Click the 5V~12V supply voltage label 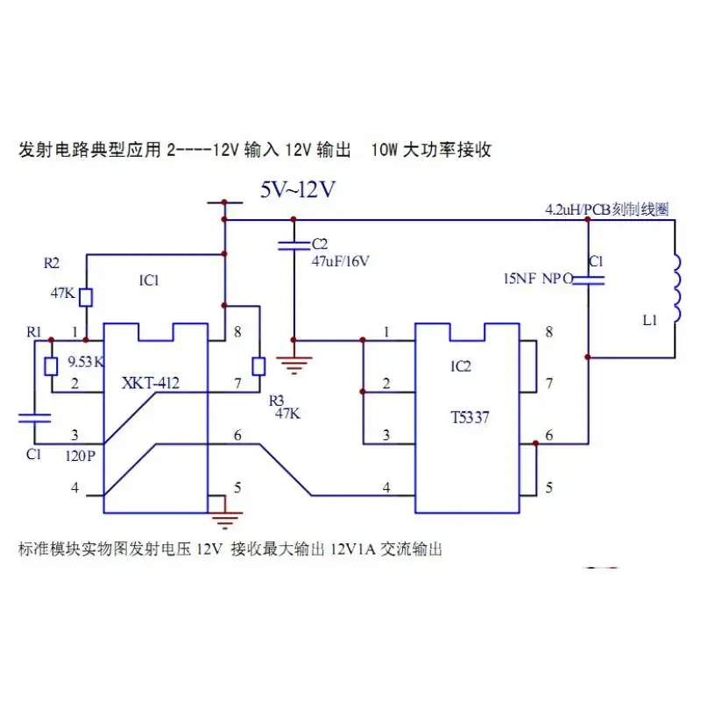[x=298, y=190]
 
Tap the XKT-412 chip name [x=150, y=383]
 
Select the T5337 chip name [x=470, y=418]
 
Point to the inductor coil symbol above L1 [x=676, y=288]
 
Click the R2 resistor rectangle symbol [x=86, y=298]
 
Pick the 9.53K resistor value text [x=86, y=362]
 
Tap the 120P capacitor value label [x=81, y=456]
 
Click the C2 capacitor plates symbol [x=294, y=245]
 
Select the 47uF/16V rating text [x=340, y=261]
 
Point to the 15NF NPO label [x=539, y=279]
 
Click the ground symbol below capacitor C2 [x=294, y=365]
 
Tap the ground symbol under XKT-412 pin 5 [x=225, y=520]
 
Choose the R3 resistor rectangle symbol [x=258, y=366]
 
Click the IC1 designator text [x=149, y=280]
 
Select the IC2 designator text [x=461, y=366]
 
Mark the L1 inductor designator [x=649, y=320]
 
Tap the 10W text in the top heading [x=384, y=149]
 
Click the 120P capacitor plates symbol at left [x=34, y=418]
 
